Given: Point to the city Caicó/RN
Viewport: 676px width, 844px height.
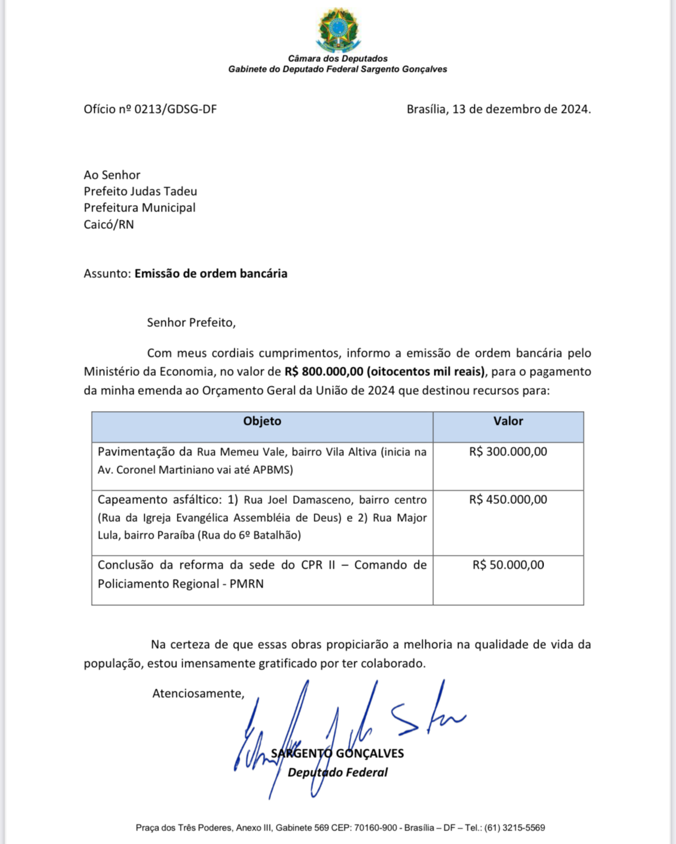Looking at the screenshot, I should [x=109, y=225].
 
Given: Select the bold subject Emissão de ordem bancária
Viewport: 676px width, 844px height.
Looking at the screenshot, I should [x=211, y=274].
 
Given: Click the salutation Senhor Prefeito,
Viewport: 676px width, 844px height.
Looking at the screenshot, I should [x=191, y=323].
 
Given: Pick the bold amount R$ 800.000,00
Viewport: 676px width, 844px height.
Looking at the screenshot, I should [x=324, y=371].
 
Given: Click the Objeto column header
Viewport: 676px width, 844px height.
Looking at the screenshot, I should [x=262, y=421].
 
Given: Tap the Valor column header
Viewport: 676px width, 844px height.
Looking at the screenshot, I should [x=508, y=421].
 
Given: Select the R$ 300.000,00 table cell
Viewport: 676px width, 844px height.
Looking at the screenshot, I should [x=508, y=452].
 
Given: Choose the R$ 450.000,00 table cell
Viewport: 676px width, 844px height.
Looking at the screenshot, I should [x=508, y=500].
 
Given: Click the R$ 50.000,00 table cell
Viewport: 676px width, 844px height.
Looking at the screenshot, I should [x=508, y=565].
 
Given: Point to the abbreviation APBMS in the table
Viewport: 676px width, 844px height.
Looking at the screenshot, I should [x=271, y=470].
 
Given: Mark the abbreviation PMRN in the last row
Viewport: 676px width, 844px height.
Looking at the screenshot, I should [x=246, y=584].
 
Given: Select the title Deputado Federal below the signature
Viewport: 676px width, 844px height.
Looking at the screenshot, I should [x=337, y=772].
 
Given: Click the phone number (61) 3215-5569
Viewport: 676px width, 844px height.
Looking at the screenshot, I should [x=515, y=828].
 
